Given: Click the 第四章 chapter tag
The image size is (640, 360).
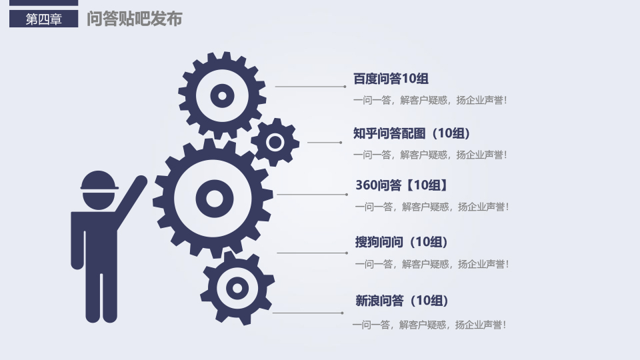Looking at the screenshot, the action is point(44,19).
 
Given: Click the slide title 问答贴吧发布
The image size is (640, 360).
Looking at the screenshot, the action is point(134,19).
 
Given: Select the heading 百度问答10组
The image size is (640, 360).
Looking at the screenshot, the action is point(391,79).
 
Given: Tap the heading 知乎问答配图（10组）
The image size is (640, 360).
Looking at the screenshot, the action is point(411,133).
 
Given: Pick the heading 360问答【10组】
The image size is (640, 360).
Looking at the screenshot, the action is point(401,185).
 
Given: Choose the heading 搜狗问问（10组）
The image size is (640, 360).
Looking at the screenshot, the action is point(401,241).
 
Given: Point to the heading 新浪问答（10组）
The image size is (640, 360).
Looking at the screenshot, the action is point(401,301).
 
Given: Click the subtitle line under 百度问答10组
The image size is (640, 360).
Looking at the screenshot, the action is point(430,100).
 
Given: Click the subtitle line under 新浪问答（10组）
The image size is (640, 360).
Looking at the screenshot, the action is point(429,325).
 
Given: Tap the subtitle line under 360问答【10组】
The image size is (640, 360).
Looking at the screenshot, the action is point(432,207).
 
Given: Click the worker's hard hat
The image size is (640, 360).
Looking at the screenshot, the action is point(99,181).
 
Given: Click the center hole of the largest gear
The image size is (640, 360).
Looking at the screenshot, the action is point(214,199).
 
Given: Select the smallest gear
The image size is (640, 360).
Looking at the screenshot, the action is point(275,143).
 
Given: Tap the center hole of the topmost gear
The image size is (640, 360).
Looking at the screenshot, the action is point(222,96).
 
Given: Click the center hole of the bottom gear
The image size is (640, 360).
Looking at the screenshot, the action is point(237,288).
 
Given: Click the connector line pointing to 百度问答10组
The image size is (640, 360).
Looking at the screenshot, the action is point(311,87).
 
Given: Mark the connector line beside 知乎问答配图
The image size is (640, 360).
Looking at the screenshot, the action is point(325,143).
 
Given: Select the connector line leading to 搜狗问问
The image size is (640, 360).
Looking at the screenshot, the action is point(312,253).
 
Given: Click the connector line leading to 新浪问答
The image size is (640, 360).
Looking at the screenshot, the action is point(308,313).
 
